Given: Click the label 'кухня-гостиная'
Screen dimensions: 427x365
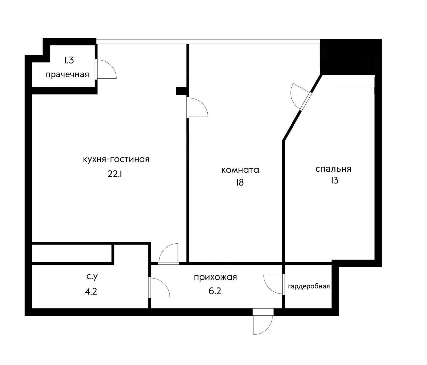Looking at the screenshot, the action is click(x=116, y=160).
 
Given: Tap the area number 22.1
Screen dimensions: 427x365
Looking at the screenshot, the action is click(x=115, y=174).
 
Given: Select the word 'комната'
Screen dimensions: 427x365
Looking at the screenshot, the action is click(x=240, y=170).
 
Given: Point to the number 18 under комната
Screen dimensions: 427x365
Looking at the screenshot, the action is click(x=240, y=182).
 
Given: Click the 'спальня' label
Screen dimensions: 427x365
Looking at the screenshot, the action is click(x=333, y=169).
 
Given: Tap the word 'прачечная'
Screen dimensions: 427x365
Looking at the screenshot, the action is click(x=67, y=74).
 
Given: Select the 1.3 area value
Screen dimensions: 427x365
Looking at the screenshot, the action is click(x=69, y=60).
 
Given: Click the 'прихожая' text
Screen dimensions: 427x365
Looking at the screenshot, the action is click(x=215, y=277).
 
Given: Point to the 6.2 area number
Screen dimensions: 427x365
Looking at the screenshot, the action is click(x=215, y=291).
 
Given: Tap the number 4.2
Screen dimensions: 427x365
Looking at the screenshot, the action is click(x=91, y=291).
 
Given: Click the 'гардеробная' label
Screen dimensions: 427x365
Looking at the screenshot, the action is click(x=309, y=286).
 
